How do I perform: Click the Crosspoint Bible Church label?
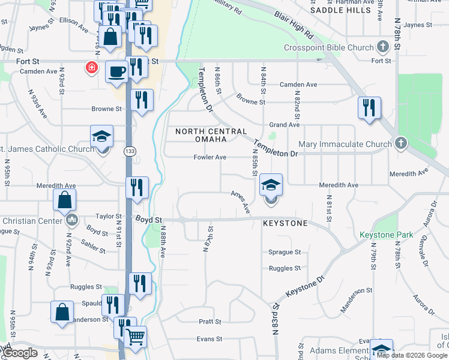point(330,47)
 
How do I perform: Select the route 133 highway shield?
point(129,151)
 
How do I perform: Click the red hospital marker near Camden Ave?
point(92,67)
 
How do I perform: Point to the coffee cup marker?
point(116,72)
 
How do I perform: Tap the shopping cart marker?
point(135,337)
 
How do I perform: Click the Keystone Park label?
point(386,235)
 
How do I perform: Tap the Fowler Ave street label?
point(209,157)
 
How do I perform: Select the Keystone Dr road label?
point(305,287)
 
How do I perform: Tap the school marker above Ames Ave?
point(271,185)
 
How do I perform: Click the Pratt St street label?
point(210,322)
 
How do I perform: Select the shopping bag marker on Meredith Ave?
point(65,200)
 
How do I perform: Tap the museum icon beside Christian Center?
point(73,221)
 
